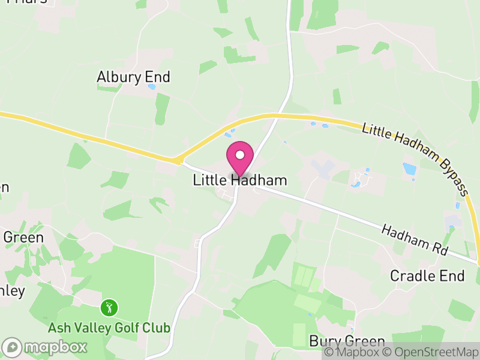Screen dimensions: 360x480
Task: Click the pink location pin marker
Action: [x=240, y=157]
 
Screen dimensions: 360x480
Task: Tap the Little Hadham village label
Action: [x=240, y=180]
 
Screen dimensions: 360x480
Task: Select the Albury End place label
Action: [x=134, y=77]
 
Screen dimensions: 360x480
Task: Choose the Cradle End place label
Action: [x=427, y=276]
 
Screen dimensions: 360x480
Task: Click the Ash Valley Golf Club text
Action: [x=109, y=328]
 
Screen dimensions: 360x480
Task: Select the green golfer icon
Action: [x=109, y=308]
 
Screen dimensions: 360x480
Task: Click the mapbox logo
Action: [x=46, y=347]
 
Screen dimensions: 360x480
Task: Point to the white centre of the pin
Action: [x=240, y=154]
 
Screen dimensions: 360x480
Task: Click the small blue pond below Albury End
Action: [x=152, y=86]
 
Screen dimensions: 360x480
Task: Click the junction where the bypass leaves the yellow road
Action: [x=178, y=160]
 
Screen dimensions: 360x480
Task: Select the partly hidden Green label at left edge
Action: [x=23, y=238]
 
